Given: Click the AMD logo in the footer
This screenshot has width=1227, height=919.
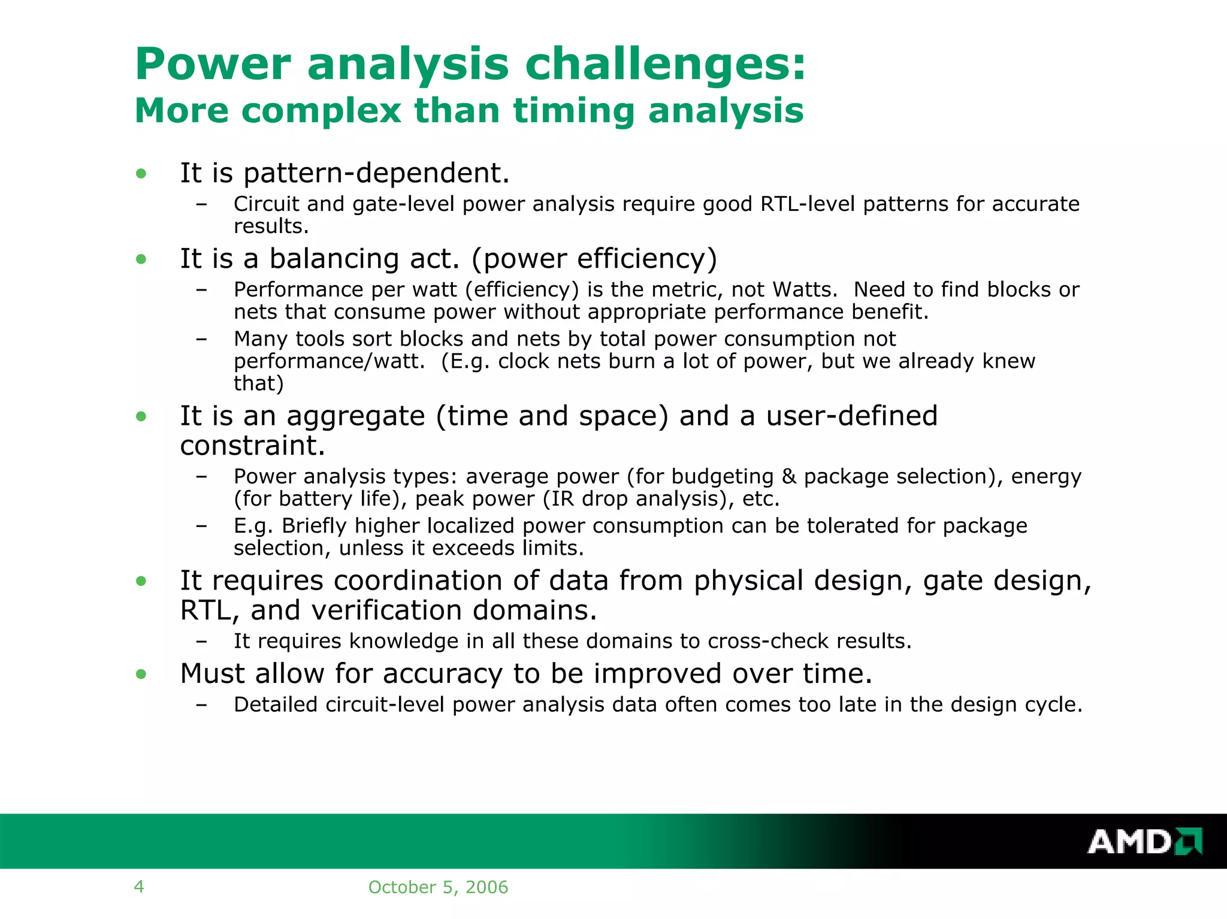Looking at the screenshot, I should [1144, 841].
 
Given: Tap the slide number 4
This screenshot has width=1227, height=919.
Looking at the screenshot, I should [139, 887].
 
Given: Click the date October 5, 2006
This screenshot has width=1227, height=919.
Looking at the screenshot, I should [438, 887].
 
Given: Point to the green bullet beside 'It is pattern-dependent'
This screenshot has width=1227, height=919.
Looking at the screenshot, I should [141, 174].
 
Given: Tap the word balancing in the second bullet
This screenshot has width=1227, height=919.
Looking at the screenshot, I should [334, 259].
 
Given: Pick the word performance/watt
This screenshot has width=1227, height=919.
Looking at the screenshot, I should [329, 362].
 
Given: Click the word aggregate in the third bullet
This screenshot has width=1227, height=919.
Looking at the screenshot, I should [356, 416].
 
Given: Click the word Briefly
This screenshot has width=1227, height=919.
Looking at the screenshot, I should [315, 526].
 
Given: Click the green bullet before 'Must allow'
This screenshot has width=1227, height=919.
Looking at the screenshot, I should [141, 675].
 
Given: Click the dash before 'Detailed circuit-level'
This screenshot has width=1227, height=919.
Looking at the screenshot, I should [201, 705].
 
